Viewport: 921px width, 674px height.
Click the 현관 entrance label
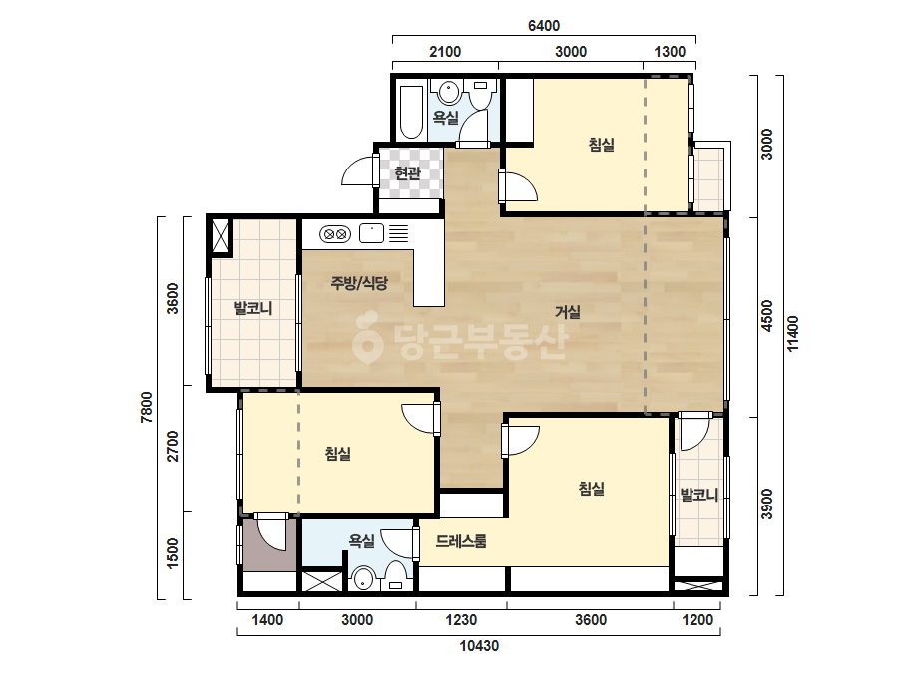(408, 173)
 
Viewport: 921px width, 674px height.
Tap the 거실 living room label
(568, 312)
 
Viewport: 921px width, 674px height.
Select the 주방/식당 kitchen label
(359, 283)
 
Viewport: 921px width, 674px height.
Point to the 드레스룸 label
(461, 541)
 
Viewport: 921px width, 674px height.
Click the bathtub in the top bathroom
(411, 112)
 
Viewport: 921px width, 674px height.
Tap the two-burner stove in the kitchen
(335, 234)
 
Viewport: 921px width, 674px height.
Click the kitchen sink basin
(371, 233)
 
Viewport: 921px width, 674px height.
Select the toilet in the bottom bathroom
(396, 575)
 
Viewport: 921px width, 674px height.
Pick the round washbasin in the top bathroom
(449, 92)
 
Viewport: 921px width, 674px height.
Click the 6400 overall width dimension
(544, 26)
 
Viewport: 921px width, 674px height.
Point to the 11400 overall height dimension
(793, 334)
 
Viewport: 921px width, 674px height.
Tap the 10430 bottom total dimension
(479, 646)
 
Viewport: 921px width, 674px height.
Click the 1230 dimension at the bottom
(461, 620)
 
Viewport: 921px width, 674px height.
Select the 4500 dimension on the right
(767, 316)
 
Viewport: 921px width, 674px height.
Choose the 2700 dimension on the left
(172, 446)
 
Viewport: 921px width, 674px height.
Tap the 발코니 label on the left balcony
(253, 308)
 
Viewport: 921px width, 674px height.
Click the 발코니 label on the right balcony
(698, 495)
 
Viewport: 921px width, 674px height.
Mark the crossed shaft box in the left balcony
(222, 236)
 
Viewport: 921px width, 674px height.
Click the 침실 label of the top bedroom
(602, 145)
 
